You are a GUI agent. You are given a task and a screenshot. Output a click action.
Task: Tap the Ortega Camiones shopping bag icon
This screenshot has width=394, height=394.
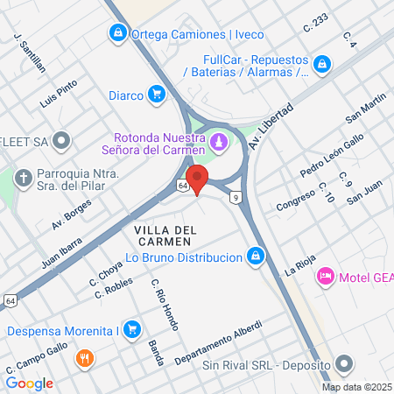point(117,33)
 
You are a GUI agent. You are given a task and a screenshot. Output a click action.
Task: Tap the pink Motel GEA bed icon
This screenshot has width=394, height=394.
point(325,276)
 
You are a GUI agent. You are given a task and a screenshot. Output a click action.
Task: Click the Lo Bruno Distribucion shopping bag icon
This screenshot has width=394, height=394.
point(255,257)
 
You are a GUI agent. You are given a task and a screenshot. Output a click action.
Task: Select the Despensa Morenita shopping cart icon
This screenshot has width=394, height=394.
point(132,330)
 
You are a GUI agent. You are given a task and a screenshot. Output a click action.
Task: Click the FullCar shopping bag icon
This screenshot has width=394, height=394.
point(322,63)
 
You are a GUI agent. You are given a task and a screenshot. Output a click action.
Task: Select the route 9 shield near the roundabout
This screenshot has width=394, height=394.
point(236,198)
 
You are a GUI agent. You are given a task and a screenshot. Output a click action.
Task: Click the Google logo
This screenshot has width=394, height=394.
point(30,383)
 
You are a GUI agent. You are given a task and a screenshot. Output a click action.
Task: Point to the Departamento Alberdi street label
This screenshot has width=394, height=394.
point(218,348)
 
